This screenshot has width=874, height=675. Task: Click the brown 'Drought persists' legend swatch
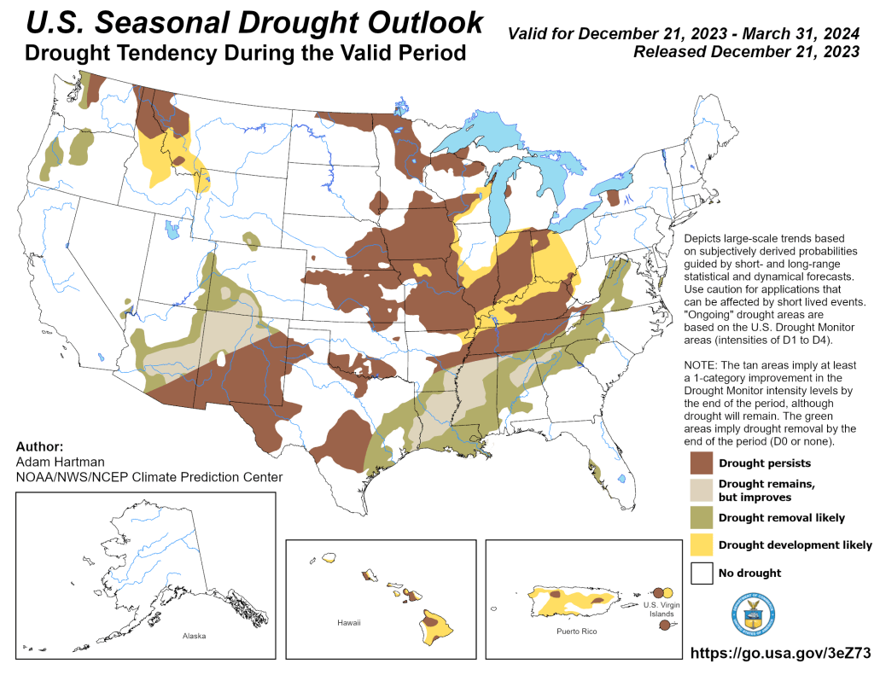coord(702,463)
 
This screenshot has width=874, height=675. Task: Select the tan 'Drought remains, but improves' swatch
coord(702,490)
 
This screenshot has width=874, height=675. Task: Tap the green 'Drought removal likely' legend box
coord(702,517)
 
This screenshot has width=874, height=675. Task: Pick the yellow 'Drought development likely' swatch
coord(702,544)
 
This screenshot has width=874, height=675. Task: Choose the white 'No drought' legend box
coord(702,573)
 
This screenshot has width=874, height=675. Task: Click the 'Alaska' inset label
coord(194,636)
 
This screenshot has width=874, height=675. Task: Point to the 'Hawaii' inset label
coord(349,623)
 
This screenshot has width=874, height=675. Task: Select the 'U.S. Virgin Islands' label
coord(659,608)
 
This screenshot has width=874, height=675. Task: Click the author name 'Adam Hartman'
coord(52,462)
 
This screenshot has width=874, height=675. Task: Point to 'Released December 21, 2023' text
coord(746,52)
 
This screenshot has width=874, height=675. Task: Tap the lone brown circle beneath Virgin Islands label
coord(664,626)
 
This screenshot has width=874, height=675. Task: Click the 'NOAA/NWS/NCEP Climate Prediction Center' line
coord(149,477)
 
